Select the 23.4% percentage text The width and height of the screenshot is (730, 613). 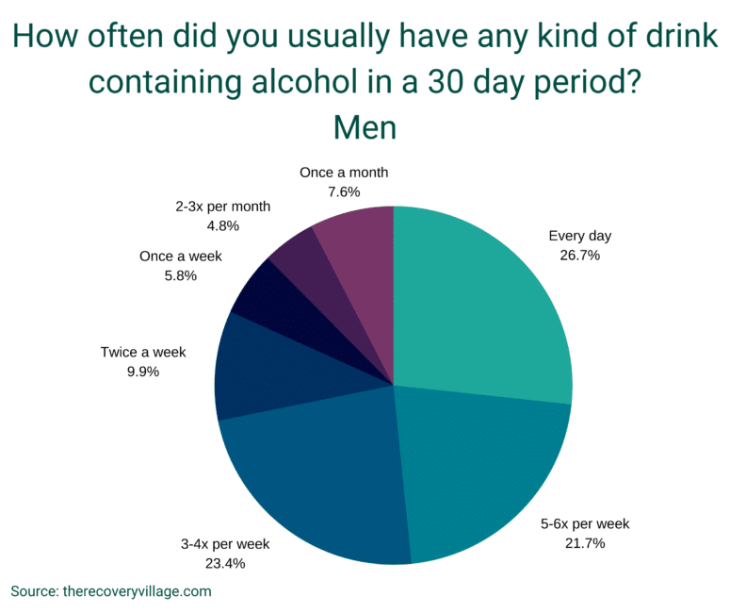[225, 564]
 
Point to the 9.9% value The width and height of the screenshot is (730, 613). [143, 372]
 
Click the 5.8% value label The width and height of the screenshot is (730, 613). [181, 275]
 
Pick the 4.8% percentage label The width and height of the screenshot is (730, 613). [222, 225]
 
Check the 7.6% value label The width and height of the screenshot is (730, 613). [344, 191]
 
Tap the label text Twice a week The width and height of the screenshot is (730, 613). [143, 353]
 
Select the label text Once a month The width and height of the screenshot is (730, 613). [344, 173]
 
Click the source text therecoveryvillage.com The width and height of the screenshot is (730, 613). [137, 591]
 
